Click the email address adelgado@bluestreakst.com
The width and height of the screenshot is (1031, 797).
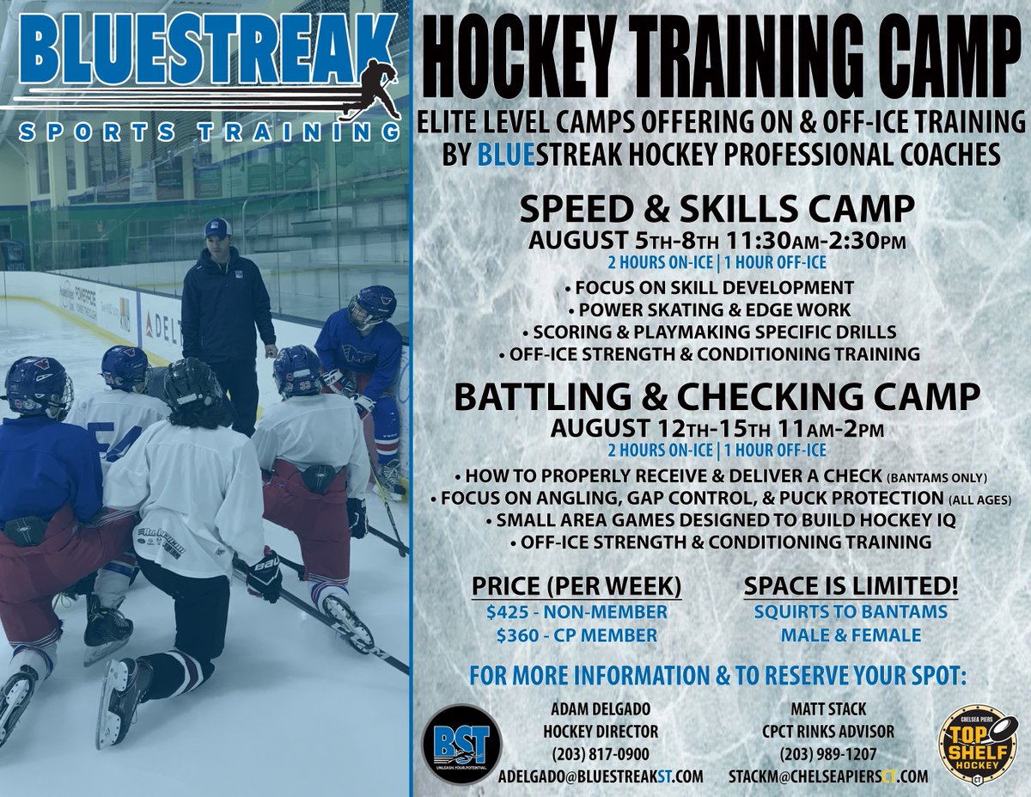(x=601, y=776)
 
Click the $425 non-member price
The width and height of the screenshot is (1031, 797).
(x=576, y=612)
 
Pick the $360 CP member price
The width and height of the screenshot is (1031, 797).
(x=576, y=635)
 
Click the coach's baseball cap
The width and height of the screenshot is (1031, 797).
(x=217, y=229)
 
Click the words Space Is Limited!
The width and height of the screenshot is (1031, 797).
(x=851, y=586)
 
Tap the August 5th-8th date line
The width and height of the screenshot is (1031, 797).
(x=718, y=239)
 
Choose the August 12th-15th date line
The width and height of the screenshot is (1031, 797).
(x=718, y=426)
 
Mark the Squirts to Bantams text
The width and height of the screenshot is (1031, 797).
(x=851, y=612)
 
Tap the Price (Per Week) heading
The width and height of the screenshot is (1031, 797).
(x=576, y=586)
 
